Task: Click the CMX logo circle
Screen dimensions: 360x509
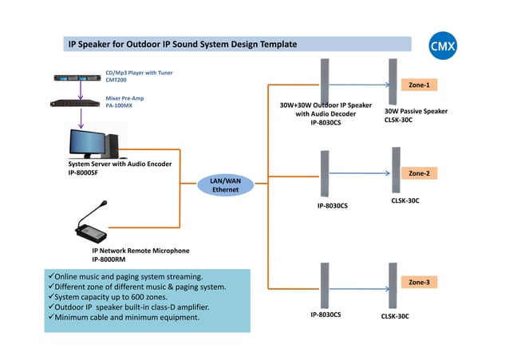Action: pos(443,46)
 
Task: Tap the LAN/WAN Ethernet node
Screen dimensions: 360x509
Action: pos(225,185)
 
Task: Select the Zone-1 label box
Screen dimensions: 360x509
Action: pos(419,85)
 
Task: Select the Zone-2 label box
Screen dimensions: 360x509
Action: pos(419,173)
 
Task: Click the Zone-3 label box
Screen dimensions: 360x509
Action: pos(419,283)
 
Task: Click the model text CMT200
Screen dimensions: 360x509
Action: pos(117,80)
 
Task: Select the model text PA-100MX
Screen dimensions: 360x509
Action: pos(120,105)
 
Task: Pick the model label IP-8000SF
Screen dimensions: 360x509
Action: pos(83,172)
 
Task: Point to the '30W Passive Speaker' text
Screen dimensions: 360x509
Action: pos(416,112)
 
